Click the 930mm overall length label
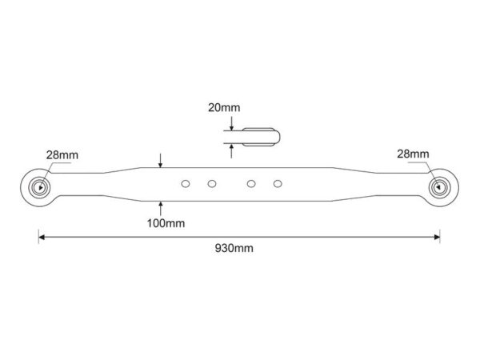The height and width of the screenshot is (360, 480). coord(234,248)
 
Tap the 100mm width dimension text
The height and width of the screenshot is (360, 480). coord(166,223)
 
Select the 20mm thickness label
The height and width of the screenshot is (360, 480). coord(224,107)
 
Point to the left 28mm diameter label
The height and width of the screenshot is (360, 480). coord(62,155)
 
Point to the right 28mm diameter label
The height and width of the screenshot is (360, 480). coord(413,154)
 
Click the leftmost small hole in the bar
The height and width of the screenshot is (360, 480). coord(186,184)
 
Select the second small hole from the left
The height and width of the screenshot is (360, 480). coord(212,184)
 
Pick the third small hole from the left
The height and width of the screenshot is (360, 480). coord(251,184)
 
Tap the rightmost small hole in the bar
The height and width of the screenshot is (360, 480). coord(278,184)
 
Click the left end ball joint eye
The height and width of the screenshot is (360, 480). coord(39,187)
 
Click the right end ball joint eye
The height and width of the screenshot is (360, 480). coord(439,186)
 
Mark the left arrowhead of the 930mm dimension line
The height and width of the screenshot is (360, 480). coord(42,237)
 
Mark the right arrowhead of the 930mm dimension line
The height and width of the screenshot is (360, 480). coord(437,237)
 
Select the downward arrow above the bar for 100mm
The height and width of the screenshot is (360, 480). coord(161,161)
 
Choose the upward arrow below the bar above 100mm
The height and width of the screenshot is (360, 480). coord(161,208)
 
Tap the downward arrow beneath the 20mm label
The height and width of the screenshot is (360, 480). coord(232,123)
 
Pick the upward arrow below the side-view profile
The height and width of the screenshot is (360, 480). coord(231,151)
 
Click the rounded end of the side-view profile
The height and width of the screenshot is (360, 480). coord(278,137)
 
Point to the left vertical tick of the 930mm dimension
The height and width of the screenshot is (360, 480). coord(38,236)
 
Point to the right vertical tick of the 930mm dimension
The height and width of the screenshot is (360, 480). coord(440,236)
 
